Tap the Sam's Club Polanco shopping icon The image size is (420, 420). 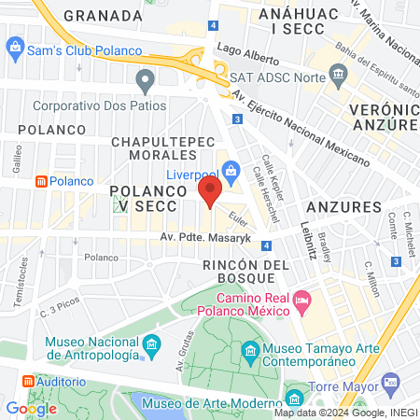15,47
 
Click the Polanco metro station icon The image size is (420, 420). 41,181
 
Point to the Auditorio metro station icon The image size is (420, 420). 28,383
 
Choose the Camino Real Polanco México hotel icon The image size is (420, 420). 301,300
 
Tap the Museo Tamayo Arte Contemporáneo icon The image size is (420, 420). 250,352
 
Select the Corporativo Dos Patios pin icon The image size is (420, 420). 144,81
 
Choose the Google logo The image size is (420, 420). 31,408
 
